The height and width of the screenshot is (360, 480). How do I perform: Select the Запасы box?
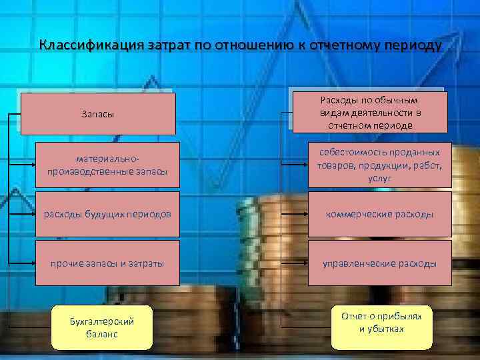(98, 114)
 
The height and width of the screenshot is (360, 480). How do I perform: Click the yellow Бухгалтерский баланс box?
(102, 327)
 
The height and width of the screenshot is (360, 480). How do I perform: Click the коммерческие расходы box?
(379, 214)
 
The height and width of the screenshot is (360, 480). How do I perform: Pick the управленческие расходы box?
(379, 263)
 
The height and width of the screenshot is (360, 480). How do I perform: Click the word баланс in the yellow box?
(102, 333)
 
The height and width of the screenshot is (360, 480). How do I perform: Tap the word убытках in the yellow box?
(381, 329)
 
